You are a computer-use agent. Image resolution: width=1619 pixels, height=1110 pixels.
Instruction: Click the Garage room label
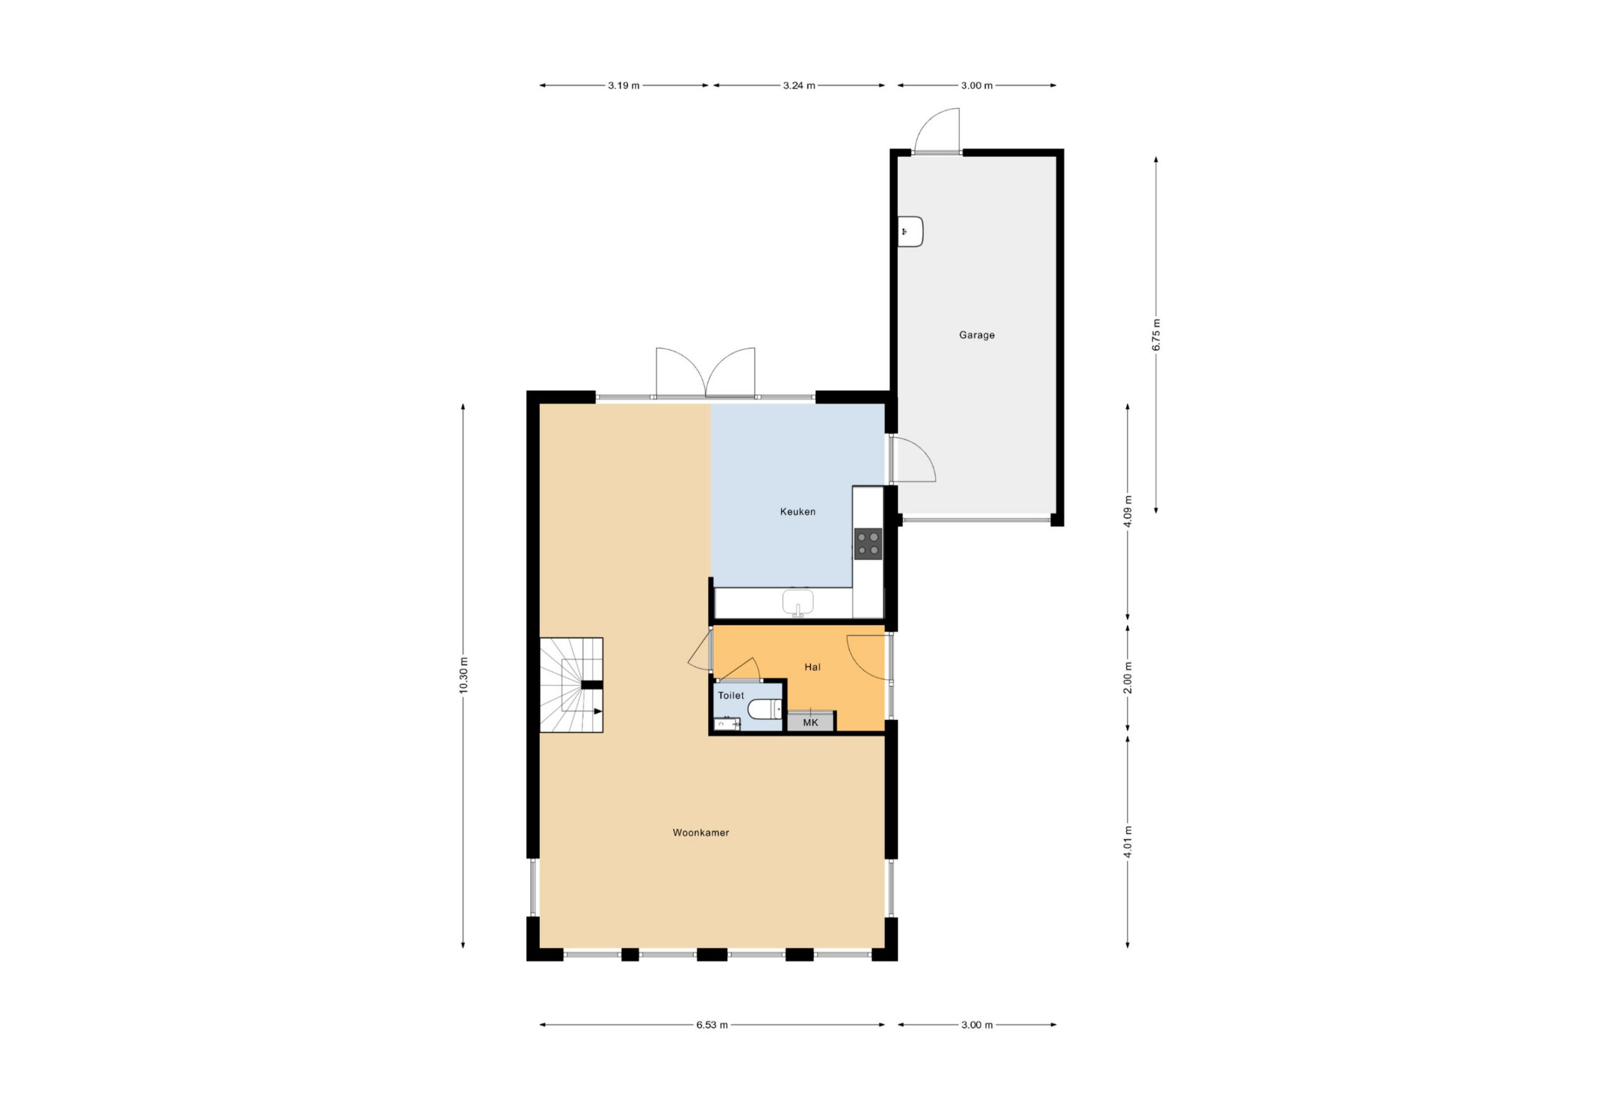pos(976,335)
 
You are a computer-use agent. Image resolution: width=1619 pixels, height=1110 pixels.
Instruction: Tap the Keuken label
pos(797,512)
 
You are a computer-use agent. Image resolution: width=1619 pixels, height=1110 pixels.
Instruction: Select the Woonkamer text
pos(701,833)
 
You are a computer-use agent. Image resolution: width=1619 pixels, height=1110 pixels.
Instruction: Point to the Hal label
pos(812,667)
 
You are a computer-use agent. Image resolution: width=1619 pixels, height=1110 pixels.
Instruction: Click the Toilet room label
pos(731,695)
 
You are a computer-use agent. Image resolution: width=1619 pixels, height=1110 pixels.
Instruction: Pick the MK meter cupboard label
pos(810,722)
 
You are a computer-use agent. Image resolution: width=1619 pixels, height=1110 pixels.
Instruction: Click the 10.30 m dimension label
pos(464,675)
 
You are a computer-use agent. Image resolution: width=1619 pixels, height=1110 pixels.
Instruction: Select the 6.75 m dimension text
pos(1157,335)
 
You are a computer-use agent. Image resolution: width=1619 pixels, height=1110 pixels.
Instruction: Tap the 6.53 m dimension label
pos(712,1025)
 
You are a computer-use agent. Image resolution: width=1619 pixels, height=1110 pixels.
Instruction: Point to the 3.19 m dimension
pos(624,86)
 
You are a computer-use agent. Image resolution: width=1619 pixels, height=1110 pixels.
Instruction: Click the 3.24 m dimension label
pos(798,86)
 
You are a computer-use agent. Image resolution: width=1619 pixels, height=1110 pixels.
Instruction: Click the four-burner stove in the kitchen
pos(868,544)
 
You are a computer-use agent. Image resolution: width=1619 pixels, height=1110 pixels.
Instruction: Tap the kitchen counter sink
pos(797,603)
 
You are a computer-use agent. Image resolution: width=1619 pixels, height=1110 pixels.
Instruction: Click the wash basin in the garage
pos(911,231)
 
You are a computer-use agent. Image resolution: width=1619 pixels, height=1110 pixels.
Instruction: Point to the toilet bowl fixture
pos(764,710)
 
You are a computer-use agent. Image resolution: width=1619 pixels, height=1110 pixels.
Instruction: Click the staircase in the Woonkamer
pos(571,685)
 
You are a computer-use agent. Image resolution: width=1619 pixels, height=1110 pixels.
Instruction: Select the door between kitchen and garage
pos(912,459)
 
